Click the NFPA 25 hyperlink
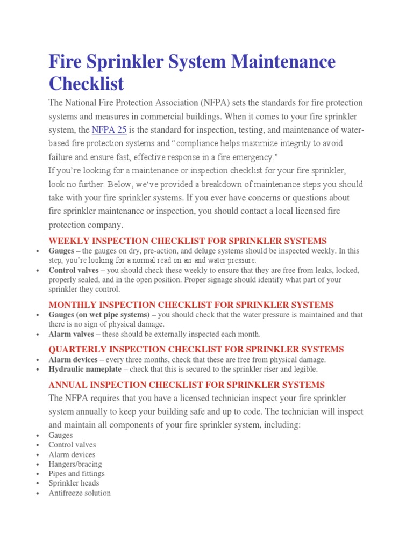[109, 130]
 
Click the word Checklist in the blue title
[86, 84]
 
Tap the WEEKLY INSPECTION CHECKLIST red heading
[188, 241]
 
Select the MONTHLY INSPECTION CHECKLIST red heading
[191, 305]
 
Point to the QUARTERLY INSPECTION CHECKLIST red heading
[196, 349]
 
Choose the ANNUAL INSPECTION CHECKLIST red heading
[187, 385]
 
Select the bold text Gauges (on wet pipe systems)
[98, 315]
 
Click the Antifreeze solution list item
[80, 493]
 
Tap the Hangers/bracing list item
[75, 464]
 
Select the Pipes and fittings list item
[76, 474]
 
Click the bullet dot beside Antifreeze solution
[37, 494]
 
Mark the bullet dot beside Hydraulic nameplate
[37, 370]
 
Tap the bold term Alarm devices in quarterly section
[73, 360]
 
